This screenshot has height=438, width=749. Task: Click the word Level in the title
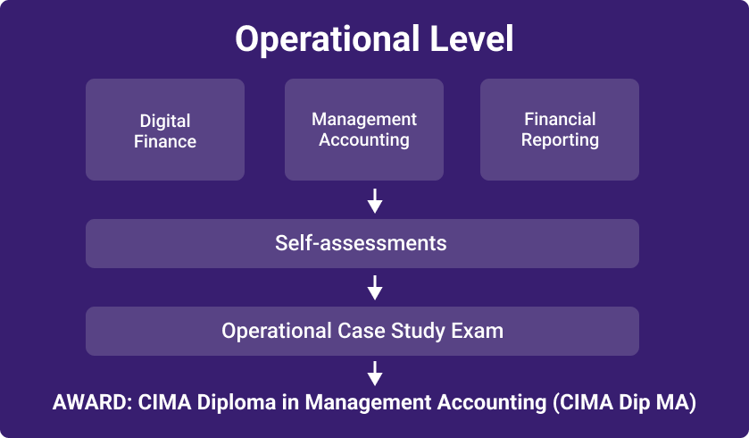(x=471, y=38)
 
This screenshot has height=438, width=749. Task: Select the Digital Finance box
(x=165, y=130)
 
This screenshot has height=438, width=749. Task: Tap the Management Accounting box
(x=364, y=130)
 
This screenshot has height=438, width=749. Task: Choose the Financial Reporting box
(x=560, y=130)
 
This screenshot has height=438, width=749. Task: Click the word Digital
(x=165, y=122)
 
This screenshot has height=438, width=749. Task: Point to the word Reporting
(x=560, y=140)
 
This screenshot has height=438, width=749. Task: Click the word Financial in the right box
(x=560, y=119)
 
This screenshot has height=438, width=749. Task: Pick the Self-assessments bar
(x=362, y=243)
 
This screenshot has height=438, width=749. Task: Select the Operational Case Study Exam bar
(x=362, y=331)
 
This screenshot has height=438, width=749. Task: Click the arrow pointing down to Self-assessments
(x=375, y=201)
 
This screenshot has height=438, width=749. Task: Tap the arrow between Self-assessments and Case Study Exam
(x=375, y=287)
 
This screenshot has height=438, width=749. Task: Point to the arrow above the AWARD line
(x=375, y=374)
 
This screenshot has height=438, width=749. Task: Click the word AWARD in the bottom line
(x=92, y=402)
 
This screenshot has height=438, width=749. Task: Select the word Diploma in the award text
(x=237, y=403)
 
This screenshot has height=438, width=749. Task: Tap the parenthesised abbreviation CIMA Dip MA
(x=624, y=403)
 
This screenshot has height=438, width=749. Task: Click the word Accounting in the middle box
(x=364, y=140)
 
